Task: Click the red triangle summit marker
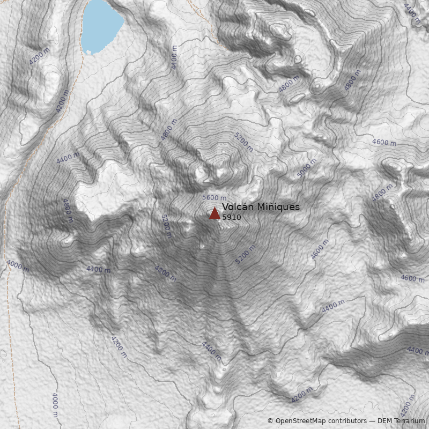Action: click(214, 213)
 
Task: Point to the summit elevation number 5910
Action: click(231, 218)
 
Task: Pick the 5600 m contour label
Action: click(214, 198)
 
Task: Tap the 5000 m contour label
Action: click(307, 168)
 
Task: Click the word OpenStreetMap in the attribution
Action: click(300, 421)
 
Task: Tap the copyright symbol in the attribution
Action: click(270, 421)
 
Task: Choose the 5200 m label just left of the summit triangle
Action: click(166, 226)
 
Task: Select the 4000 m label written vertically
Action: click(55, 405)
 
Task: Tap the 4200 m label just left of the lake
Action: click(39, 56)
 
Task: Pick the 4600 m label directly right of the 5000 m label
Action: click(384, 143)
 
